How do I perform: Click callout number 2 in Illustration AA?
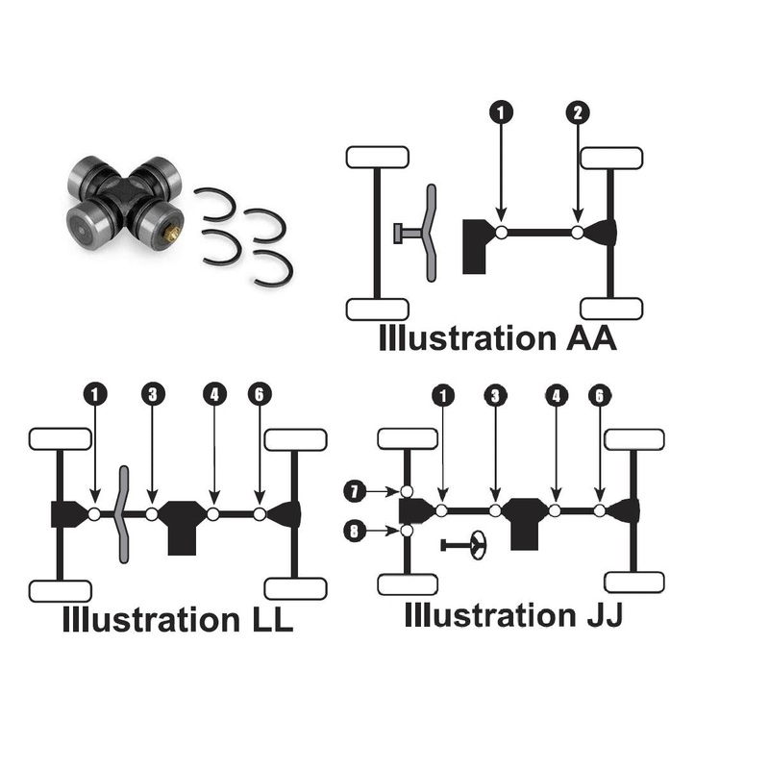pos(577,113)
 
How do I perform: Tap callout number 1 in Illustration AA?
pos(500,113)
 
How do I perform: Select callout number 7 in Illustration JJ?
pos(354,491)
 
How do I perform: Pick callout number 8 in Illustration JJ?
pos(354,531)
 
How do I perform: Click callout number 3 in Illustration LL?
pos(152,393)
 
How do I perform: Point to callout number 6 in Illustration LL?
pos(260,393)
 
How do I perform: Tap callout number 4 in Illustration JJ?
pos(556,393)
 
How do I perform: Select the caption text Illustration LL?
pos(178,619)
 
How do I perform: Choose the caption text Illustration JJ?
pos(513,614)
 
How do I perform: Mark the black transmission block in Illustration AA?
pos(476,245)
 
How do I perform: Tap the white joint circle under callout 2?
pos(577,233)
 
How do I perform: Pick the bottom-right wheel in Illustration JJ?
pos(634,582)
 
